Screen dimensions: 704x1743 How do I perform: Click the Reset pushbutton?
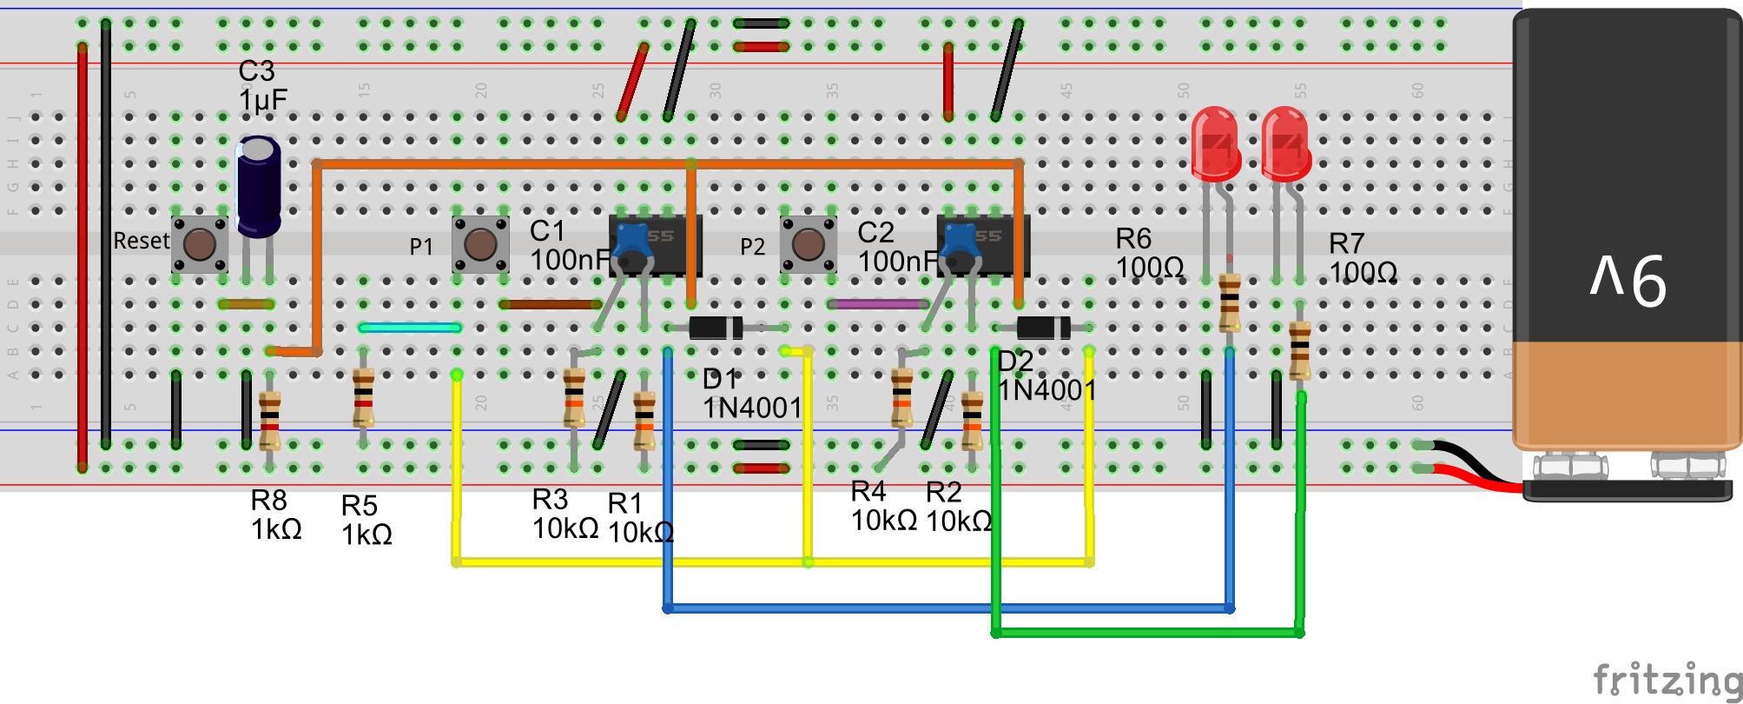[200, 244]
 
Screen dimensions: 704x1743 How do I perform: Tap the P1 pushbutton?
[480, 244]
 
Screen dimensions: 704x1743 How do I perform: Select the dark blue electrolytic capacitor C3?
[258, 187]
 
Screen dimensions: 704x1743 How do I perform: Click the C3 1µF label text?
[262, 86]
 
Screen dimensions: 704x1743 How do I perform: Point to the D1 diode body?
[716, 328]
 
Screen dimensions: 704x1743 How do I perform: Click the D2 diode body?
[1043, 328]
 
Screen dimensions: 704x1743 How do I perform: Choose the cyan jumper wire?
[410, 328]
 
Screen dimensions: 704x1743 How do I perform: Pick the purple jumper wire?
[878, 304]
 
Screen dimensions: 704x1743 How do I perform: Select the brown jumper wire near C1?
[551, 304]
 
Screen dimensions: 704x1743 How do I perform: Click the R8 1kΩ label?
[276, 515]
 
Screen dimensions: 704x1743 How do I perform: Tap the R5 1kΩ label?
[366, 520]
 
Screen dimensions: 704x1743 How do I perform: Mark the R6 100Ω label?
[1149, 253]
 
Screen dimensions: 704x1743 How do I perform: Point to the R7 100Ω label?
[1363, 258]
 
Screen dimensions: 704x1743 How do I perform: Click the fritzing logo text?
[1667, 679]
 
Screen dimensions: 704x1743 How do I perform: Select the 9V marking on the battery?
[1628, 280]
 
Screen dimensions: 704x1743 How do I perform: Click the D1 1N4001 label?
[751, 394]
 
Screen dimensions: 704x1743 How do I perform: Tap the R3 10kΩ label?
[564, 514]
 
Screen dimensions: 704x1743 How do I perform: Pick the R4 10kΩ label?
[883, 506]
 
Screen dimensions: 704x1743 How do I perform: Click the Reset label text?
[142, 241]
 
